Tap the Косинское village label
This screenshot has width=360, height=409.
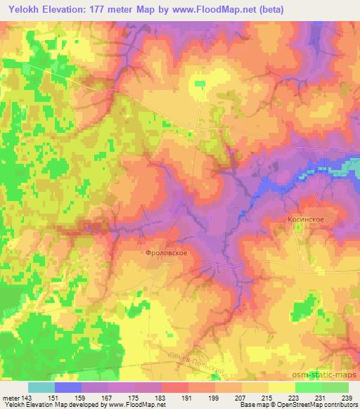pyautogui.click(x=305, y=219)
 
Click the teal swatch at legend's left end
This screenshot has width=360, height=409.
pyautogui.click(x=41, y=387)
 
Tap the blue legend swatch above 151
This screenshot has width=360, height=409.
pyautogui.click(x=68, y=387)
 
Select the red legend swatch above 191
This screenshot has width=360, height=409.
pyautogui.click(x=175, y=387)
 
